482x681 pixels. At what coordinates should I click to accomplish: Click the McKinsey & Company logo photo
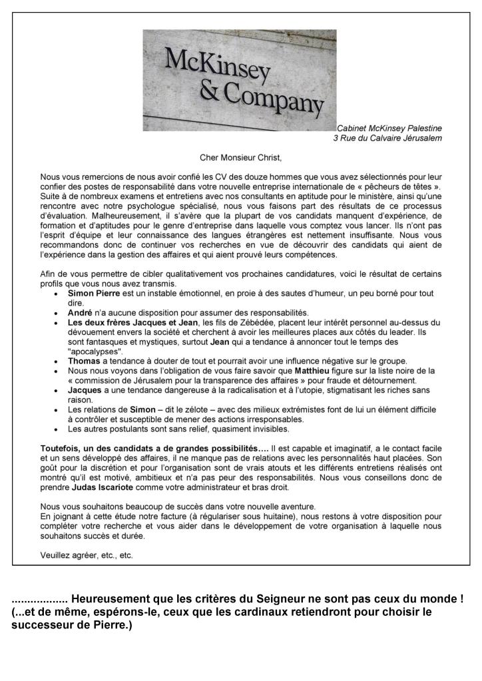239,80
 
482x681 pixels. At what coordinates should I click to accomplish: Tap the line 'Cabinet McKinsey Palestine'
389,128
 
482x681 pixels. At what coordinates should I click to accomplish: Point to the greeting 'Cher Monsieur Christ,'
241,158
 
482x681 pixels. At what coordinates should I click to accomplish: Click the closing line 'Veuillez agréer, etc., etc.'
87,555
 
